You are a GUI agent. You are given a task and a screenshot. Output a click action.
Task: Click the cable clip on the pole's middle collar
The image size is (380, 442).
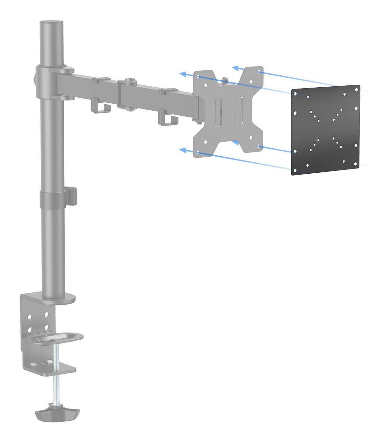coord(73,196)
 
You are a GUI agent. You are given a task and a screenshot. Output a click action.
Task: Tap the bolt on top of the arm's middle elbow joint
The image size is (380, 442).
coord(130,80)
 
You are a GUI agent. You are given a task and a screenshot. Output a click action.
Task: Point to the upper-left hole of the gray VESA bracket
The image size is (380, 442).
coord(198,77)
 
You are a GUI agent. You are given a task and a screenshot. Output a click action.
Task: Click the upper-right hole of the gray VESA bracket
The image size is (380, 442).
coord(259,73)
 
